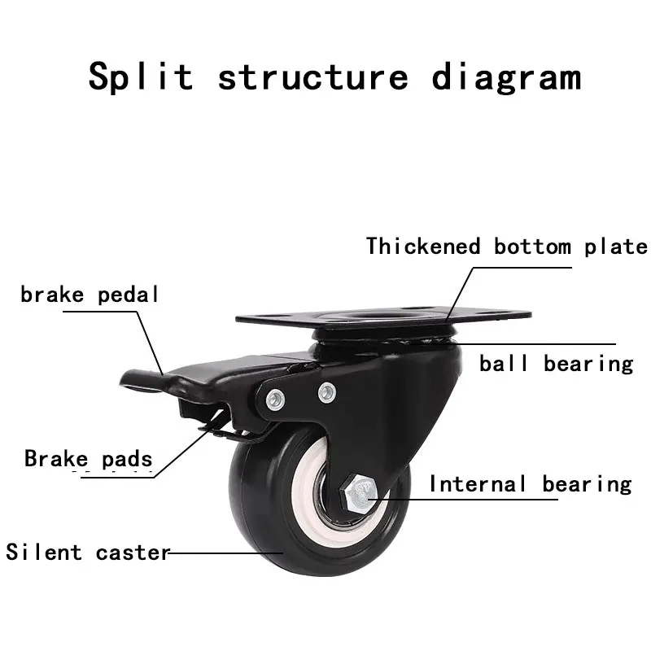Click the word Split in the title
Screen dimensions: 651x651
coord(141,76)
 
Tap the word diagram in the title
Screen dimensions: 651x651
coord(506,76)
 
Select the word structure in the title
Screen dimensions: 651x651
coord(313,76)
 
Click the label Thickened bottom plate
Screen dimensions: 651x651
coord(506,246)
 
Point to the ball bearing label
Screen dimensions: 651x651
coord(556,363)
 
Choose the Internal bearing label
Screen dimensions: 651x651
coord(530,484)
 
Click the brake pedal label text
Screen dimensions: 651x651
coord(90,294)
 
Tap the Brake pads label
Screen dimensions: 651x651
coord(89,458)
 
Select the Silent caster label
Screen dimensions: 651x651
coord(88,553)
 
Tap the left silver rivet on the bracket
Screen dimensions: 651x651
coord(275,399)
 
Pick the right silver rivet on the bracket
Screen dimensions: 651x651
coord(326,391)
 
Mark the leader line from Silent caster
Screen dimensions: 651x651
coord(224,553)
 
